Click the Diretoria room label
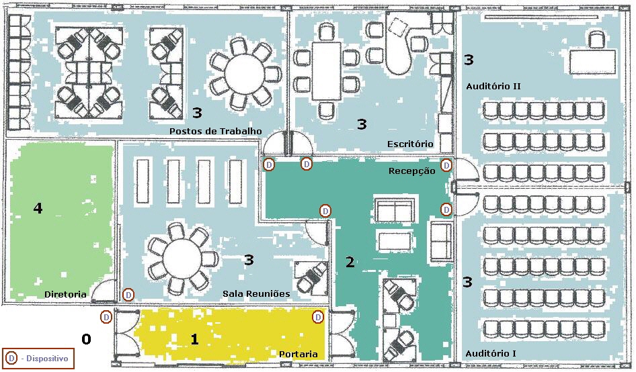[65, 294]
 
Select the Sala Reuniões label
[255, 294]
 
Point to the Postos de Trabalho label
[215, 130]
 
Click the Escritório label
[409, 144]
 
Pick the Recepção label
[411, 171]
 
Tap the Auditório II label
[493, 87]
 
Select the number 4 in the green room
[38, 209]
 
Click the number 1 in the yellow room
[194, 339]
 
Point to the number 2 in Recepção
[350, 262]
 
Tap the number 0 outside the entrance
[86, 339]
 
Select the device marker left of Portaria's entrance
[106, 317]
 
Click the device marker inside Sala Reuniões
[128, 295]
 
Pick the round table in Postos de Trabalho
[240, 72]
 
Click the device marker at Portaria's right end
[318, 317]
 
